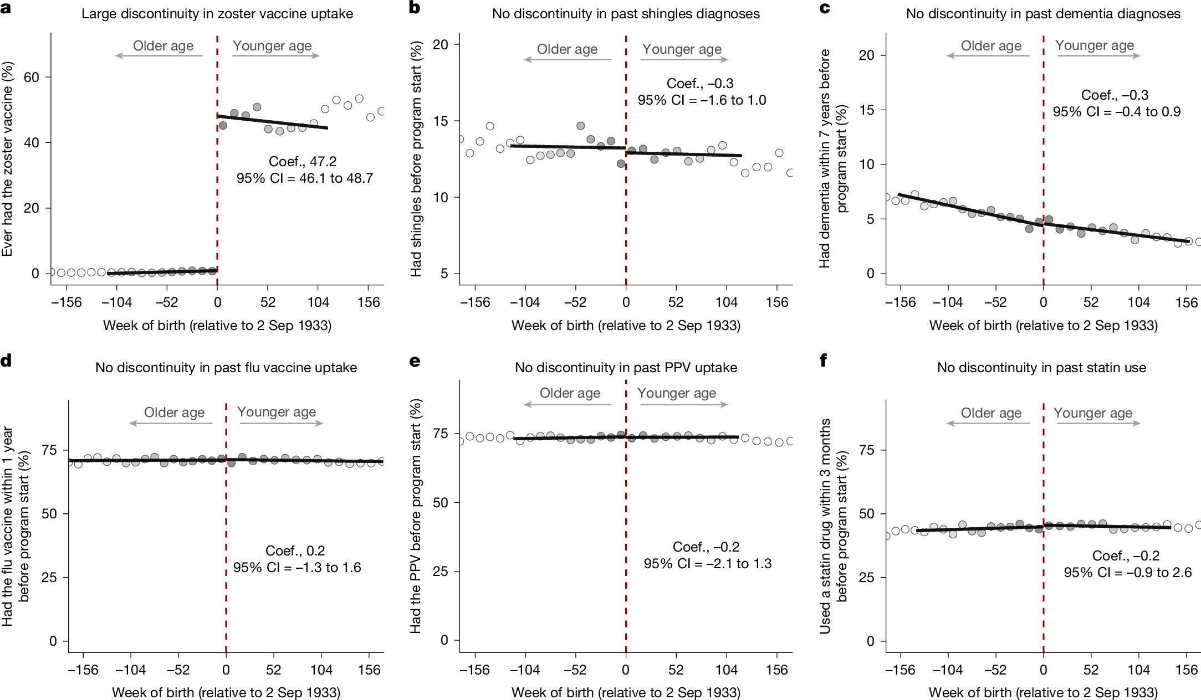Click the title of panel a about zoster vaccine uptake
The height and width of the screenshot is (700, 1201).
[217, 14]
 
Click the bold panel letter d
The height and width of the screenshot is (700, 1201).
[6, 362]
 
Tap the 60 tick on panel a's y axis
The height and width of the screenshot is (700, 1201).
[32, 77]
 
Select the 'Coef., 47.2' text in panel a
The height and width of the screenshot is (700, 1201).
[303, 162]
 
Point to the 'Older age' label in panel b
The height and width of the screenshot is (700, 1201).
[567, 49]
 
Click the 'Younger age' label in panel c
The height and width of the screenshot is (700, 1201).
[1095, 45]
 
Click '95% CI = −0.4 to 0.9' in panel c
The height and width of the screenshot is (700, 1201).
[1117, 112]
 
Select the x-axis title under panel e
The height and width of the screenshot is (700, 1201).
[626, 692]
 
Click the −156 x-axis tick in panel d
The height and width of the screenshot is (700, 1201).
[83, 670]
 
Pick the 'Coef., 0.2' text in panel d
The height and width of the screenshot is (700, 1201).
[295, 550]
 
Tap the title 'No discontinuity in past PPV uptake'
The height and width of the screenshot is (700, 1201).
[626, 368]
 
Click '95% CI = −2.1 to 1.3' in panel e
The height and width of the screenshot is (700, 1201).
[707, 564]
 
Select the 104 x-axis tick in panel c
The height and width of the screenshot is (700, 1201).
[1139, 302]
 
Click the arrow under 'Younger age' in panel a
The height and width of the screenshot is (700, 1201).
[275, 56]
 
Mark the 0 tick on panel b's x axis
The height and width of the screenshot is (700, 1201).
[626, 302]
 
